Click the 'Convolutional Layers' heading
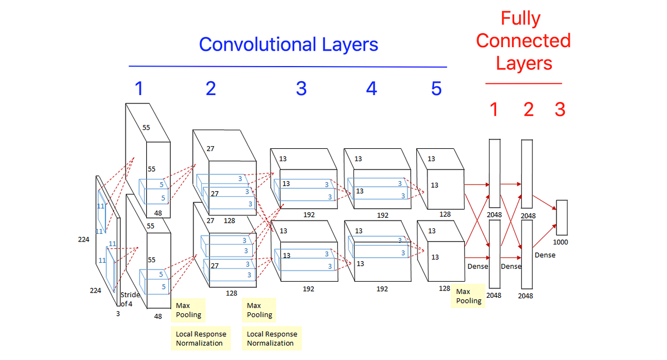click(288, 44)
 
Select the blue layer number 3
click(301, 88)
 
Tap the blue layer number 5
click(436, 88)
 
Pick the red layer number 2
click(528, 109)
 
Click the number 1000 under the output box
click(561, 242)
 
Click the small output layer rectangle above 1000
click(561, 217)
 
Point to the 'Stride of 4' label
click(130, 299)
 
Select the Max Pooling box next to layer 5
click(468, 296)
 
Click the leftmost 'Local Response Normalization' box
click(201, 338)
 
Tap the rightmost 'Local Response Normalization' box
click(272, 338)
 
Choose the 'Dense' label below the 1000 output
click(544, 255)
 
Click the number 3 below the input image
click(117, 313)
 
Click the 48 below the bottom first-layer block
click(158, 316)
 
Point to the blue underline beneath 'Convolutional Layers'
click(288, 67)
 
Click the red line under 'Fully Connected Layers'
click(523, 84)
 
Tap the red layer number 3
click(560, 109)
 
